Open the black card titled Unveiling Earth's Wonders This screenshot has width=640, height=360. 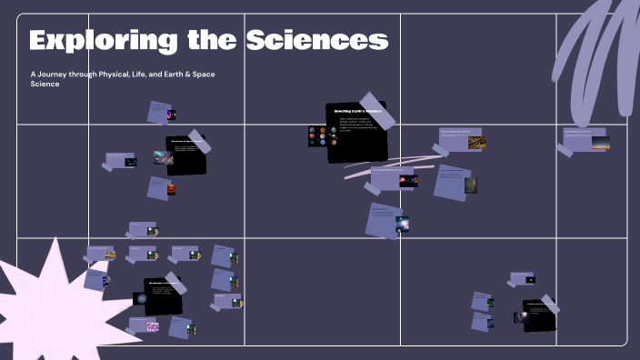click(x=356, y=133)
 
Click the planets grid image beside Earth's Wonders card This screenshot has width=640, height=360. click(x=322, y=136)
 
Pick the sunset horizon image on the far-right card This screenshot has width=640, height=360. click(x=600, y=142)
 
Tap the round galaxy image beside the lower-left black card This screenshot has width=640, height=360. click(x=141, y=298)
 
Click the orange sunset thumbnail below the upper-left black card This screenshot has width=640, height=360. click(x=169, y=190)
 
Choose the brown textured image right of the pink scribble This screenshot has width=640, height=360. click(x=470, y=185)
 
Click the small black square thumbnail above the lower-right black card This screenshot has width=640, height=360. click(x=530, y=280)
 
